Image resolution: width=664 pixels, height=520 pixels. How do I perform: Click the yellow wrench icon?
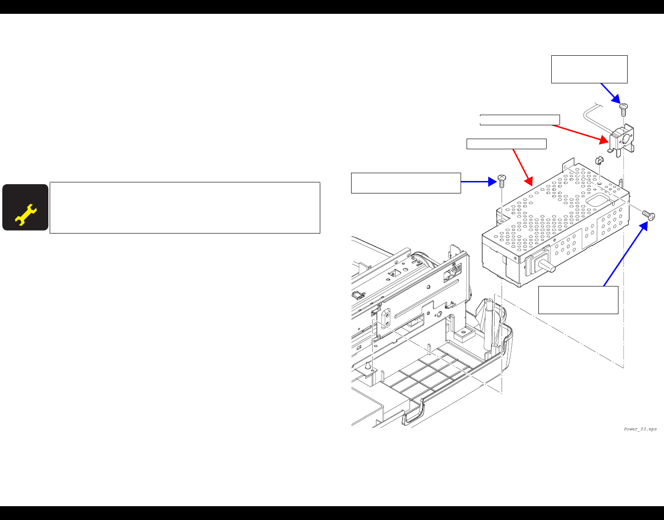pos(25,215)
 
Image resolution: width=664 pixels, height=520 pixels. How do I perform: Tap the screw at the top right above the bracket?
pos(624,110)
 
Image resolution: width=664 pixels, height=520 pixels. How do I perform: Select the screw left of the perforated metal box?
pos(502,181)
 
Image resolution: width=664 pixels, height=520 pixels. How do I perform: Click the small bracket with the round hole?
pos(622,139)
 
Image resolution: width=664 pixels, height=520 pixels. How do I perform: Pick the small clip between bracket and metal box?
pos(599,161)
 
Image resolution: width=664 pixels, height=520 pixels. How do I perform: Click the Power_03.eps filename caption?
pos(640,429)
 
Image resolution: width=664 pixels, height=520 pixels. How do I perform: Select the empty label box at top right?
pos(589,69)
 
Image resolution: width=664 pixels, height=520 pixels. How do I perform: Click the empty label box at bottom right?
pos(578,300)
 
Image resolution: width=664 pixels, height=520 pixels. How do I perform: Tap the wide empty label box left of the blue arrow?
pos(405,183)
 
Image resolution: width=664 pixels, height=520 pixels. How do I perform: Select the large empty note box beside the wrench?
pos(185,208)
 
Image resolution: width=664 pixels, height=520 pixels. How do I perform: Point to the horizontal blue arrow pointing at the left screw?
pos(477,182)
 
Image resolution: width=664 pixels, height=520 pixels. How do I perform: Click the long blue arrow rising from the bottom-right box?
pos(625,253)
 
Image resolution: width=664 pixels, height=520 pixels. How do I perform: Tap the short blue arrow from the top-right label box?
pos(611,93)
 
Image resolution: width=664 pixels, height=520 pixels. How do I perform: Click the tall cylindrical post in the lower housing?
pos(491,322)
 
